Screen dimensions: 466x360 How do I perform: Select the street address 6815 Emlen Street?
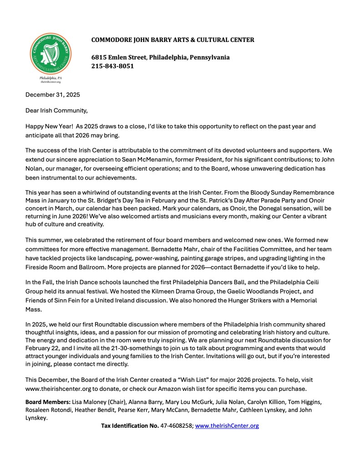[119, 57]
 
